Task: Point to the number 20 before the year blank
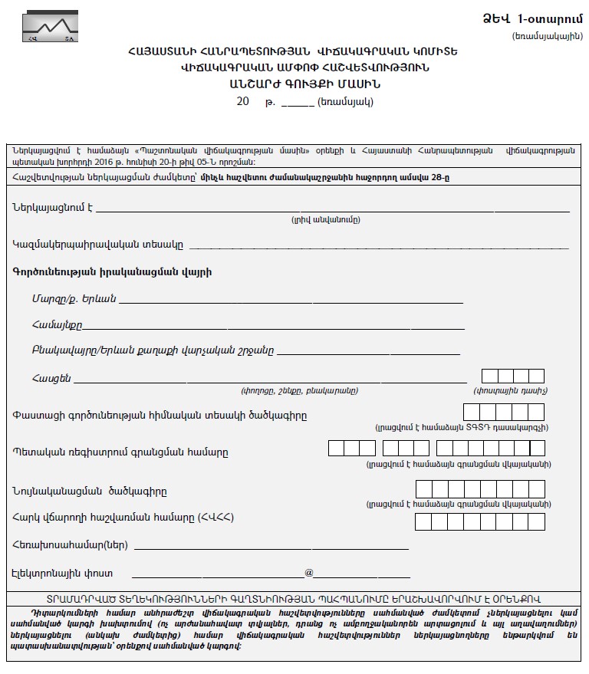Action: [x=243, y=102]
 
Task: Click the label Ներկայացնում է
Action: [x=52, y=207]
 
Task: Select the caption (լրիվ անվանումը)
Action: [x=325, y=220]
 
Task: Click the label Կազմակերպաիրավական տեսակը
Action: [x=97, y=245]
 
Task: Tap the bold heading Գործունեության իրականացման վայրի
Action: [x=112, y=271]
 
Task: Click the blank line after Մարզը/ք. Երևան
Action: [x=291, y=299]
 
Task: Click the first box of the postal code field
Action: [x=489, y=376]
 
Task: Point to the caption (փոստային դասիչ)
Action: [x=511, y=390]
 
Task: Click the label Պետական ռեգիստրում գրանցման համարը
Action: [x=120, y=452]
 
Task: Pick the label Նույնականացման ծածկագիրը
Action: [x=89, y=492]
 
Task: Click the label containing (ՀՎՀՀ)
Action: [x=123, y=518]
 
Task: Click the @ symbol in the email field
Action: [x=309, y=572]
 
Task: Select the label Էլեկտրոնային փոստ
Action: [x=62, y=573]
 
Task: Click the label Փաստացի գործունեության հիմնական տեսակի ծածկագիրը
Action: [x=160, y=416]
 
